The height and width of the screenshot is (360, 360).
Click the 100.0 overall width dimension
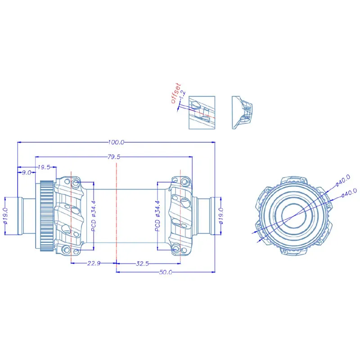[x=116, y=142]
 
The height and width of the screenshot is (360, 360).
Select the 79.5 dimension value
[x=114, y=157]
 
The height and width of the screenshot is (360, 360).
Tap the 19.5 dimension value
[x=44, y=167]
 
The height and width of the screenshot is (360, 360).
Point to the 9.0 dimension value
[x=27, y=172]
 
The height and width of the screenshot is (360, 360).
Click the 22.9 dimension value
[x=94, y=263]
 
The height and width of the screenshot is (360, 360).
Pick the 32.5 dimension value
[x=142, y=263]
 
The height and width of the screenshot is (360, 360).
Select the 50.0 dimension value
[x=166, y=272]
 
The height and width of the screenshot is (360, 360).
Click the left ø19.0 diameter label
[x=5, y=216]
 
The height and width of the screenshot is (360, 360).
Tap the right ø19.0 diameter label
[x=221, y=216]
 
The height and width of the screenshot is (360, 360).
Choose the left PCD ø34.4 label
[x=94, y=216]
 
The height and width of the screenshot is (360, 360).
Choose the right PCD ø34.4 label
[x=157, y=216]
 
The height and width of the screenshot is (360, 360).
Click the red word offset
[x=176, y=93]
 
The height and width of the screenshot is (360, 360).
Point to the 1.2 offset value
[x=183, y=94]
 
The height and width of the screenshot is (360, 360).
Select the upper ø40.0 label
[x=342, y=180]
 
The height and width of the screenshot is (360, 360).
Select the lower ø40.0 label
[x=349, y=193]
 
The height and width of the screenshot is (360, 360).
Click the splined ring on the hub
[x=47, y=216]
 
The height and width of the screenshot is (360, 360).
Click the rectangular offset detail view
[x=202, y=112]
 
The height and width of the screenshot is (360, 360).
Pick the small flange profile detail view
[x=242, y=112]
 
